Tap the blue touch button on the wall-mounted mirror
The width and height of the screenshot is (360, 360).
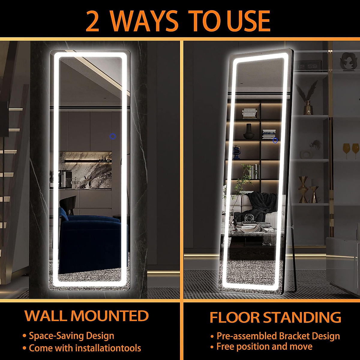point(112,136)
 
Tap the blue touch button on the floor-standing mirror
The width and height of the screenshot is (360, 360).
point(275,140)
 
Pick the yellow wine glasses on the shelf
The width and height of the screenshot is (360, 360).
point(351,150)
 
